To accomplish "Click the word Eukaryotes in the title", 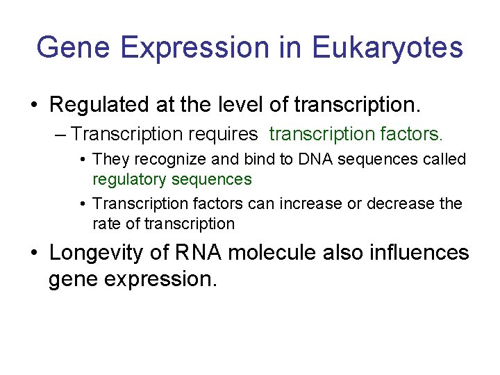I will click(387, 47).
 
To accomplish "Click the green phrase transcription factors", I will click(356, 133).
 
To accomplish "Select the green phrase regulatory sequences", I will click(172, 179).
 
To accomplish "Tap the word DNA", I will click(310, 159).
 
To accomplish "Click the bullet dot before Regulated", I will click(34, 106).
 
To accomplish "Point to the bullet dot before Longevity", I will click(34, 253).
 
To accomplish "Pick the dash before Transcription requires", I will click(62, 133).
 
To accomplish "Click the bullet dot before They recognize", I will click(83, 160).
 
